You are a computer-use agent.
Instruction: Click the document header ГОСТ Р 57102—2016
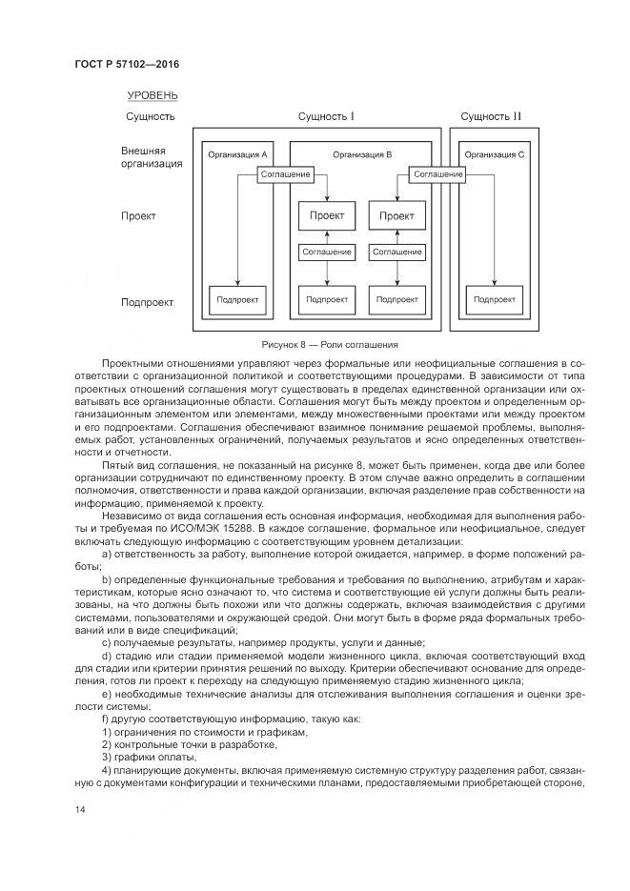pos(127,64)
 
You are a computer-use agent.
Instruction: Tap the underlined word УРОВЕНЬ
pos(152,95)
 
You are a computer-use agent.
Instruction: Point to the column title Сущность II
pos(491,117)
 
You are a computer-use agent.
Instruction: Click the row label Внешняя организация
pos(151,157)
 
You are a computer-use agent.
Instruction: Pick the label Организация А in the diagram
pos(236,154)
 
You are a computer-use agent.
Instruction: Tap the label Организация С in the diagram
pos(494,154)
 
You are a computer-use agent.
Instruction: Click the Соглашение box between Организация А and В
pos(286,174)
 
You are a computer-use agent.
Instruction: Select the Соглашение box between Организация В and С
pos(438,174)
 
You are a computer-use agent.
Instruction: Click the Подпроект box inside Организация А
pos(235,299)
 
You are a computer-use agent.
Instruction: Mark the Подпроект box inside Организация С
pos(493,299)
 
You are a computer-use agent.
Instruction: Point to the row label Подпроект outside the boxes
pos(147,303)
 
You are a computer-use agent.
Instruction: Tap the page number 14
pos(80,809)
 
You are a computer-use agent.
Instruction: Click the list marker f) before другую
pos(104,718)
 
